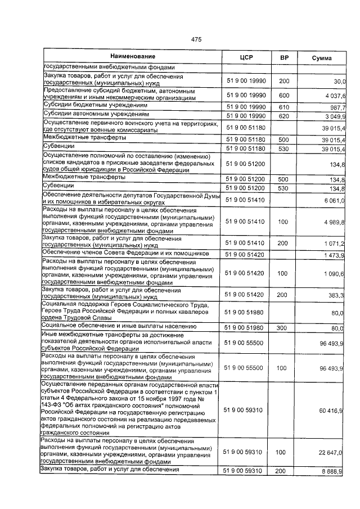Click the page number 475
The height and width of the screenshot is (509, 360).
(196, 39)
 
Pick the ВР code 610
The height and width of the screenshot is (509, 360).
(283, 106)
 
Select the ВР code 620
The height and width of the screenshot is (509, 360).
(283, 116)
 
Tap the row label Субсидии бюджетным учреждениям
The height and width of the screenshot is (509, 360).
(88, 106)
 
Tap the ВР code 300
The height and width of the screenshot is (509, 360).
(283, 326)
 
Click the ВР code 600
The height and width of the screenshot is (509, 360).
(283, 95)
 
